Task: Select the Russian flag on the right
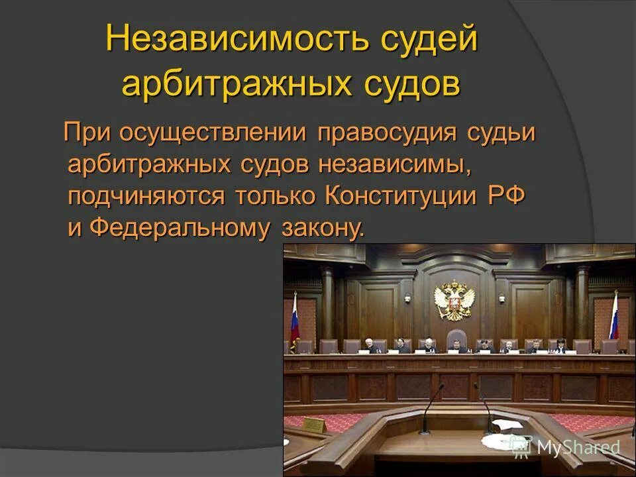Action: (613, 316)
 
